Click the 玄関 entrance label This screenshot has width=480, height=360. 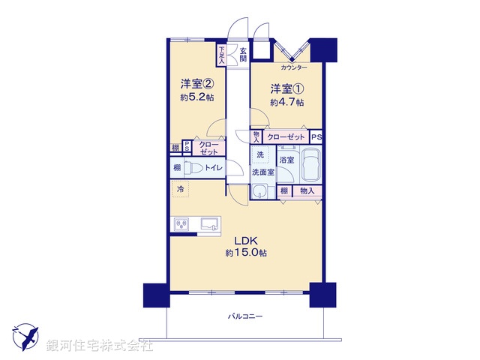[243, 55]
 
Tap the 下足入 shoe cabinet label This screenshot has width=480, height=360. [222, 54]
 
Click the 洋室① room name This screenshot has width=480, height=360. [286, 88]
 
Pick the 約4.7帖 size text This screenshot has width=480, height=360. [287, 102]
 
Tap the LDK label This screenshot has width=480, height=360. [245, 240]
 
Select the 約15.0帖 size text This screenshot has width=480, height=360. [246, 253]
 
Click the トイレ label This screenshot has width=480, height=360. [213, 168]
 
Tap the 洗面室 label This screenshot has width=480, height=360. [262, 172]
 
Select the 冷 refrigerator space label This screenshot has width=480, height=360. [180, 190]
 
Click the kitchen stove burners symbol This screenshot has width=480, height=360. [182, 223]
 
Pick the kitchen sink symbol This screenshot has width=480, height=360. [208, 223]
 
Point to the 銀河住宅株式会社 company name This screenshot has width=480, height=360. [99, 346]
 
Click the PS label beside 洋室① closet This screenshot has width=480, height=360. [316, 137]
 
